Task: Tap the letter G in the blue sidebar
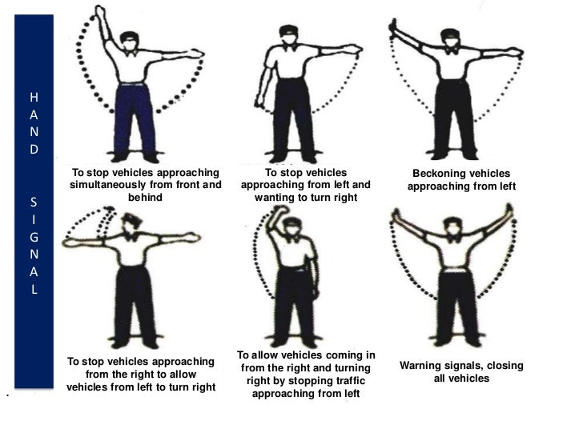point(33,237)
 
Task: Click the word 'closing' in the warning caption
point(502,366)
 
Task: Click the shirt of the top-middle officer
point(291,64)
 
